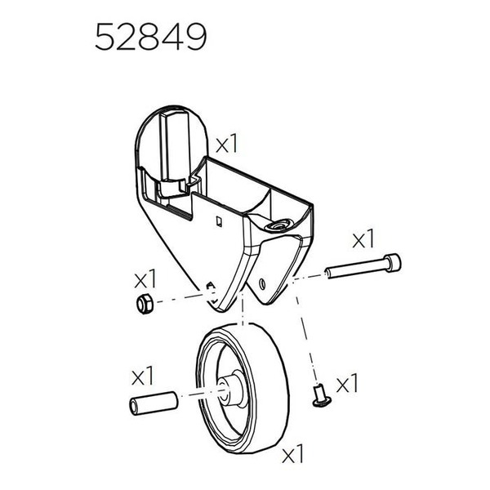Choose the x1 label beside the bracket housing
[x=226, y=145]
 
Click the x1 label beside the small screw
[x=347, y=382]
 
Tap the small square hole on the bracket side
[x=216, y=219]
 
